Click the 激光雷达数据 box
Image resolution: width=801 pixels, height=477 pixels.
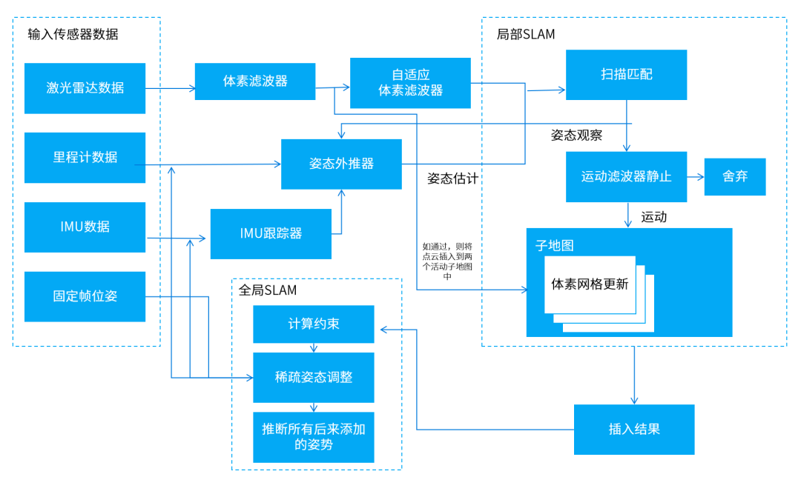point(85,88)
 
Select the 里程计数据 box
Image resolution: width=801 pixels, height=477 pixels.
point(85,157)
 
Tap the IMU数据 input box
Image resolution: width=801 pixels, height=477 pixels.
point(85,227)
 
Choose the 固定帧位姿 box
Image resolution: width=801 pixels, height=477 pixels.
point(85,296)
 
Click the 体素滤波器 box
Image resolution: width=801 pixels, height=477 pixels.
point(255,81)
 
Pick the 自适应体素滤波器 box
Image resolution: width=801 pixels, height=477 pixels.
point(410,83)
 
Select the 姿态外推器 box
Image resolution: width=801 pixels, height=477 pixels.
point(341,164)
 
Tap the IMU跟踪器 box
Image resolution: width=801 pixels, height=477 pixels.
point(271,233)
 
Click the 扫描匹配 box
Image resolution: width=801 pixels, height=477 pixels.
point(626,75)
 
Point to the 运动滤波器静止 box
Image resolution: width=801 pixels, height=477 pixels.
point(626,177)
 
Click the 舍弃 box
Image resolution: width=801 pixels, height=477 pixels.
point(734,177)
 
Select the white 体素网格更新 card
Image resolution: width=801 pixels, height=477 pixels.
point(590,284)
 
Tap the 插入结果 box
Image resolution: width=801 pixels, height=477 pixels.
point(633,430)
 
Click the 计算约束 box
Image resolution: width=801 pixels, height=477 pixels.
point(313,324)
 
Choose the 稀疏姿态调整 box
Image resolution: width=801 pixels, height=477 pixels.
point(313,377)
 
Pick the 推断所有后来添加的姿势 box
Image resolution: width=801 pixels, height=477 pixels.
point(313,436)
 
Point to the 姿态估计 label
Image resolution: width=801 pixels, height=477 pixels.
point(452,179)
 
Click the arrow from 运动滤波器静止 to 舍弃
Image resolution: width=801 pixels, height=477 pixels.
point(695,177)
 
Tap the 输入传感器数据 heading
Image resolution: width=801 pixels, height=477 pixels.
point(73,34)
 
